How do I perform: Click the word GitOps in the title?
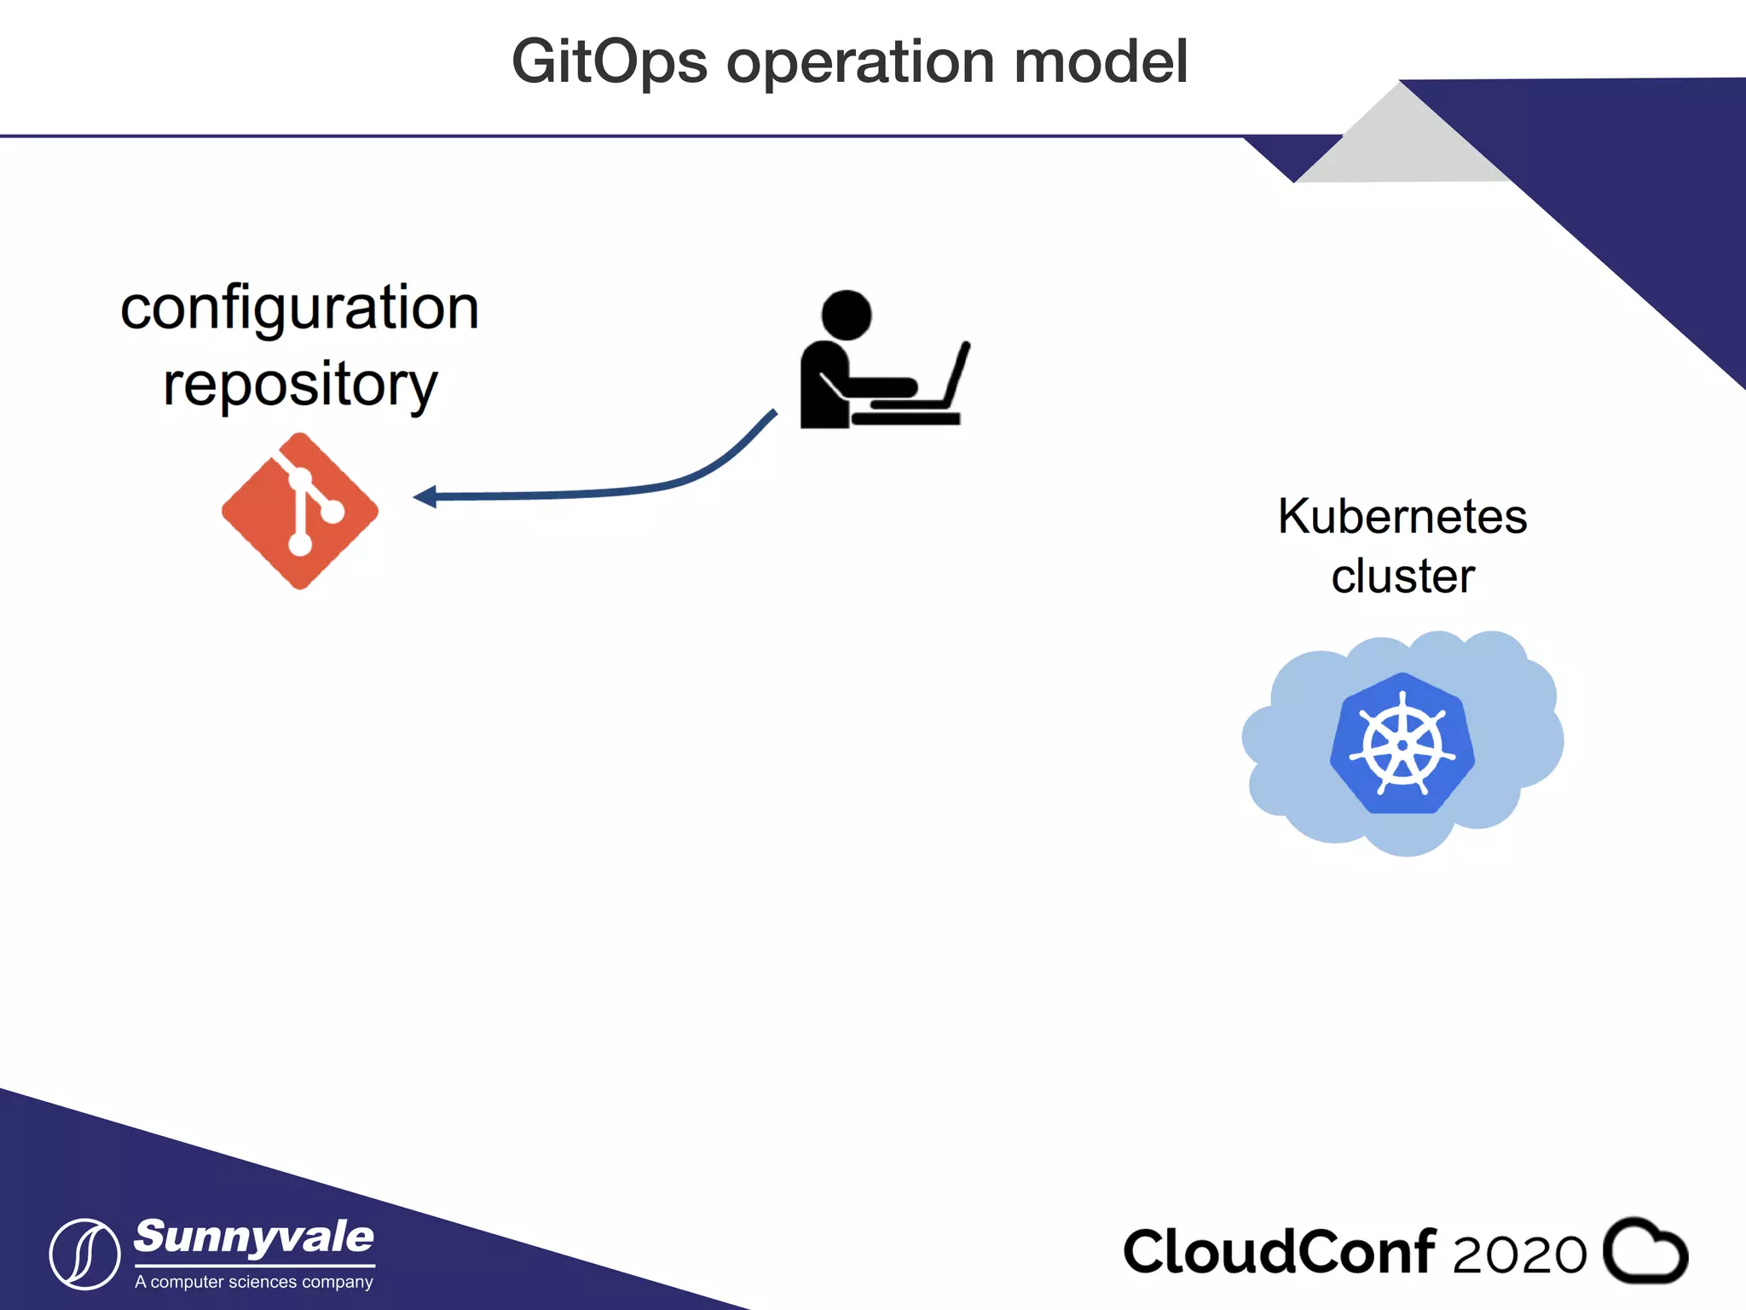click(x=609, y=62)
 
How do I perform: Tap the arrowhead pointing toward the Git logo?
click(x=425, y=496)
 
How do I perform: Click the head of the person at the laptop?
click(x=846, y=315)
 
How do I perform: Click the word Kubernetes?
click(x=1402, y=516)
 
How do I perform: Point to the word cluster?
click(x=1402, y=576)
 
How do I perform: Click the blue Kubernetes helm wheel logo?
click(x=1402, y=744)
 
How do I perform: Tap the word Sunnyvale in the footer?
click(x=254, y=1237)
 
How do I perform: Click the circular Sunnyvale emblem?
click(x=84, y=1254)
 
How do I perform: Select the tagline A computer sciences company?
click(x=254, y=1282)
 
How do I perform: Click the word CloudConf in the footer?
click(x=1279, y=1252)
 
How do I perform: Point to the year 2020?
click(x=1519, y=1255)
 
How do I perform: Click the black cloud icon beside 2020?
click(x=1645, y=1251)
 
